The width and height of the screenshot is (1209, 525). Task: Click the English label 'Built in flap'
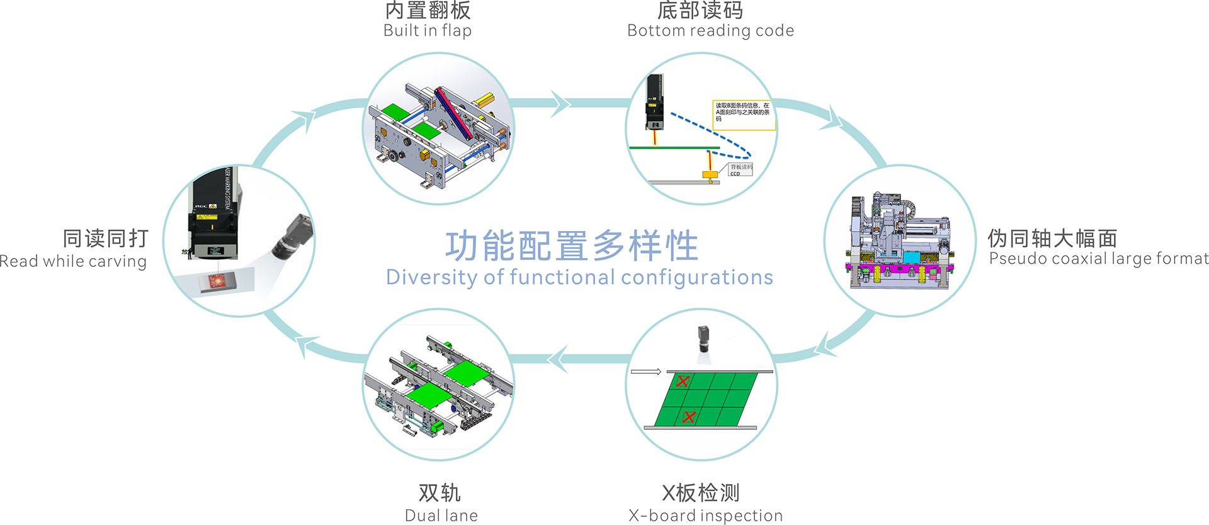[428, 31]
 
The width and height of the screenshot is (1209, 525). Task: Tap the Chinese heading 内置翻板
[428, 10]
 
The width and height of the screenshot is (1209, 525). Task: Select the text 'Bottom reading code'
[710, 31]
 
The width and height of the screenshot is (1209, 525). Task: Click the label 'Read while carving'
[73, 261]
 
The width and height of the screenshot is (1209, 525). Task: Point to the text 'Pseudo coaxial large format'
[1098, 259]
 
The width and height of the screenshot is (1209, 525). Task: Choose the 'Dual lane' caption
[441, 515]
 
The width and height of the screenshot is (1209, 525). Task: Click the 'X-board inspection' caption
[705, 515]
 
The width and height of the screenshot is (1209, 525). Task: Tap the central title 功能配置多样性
[572, 246]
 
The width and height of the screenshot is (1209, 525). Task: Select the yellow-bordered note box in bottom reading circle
[744, 115]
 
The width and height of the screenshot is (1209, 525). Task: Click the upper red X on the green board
[683, 381]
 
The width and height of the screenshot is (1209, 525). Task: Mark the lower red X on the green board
[689, 417]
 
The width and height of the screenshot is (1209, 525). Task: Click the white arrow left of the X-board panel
[645, 371]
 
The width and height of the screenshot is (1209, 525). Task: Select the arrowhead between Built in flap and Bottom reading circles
[559, 103]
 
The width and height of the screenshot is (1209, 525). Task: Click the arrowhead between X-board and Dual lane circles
[558, 359]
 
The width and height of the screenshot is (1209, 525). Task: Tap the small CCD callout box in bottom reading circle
[741, 170]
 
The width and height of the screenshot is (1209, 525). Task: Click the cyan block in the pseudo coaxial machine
[911, 256]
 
